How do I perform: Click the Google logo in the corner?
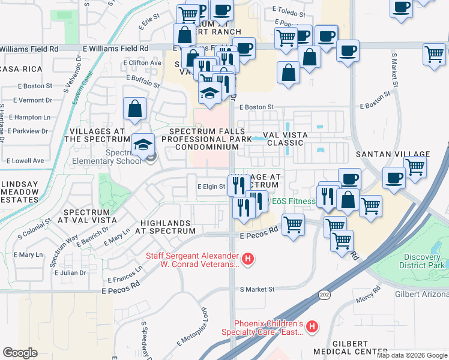tap(20, 353)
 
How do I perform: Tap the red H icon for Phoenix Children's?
tap(312, 327)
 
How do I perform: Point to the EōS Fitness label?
tap(294, 201)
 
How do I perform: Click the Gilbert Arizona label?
tap(421, 294)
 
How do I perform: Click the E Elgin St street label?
tap(211, 187)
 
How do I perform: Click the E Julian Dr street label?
tap(70, 272)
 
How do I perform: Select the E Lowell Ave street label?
tap(25, 161)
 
